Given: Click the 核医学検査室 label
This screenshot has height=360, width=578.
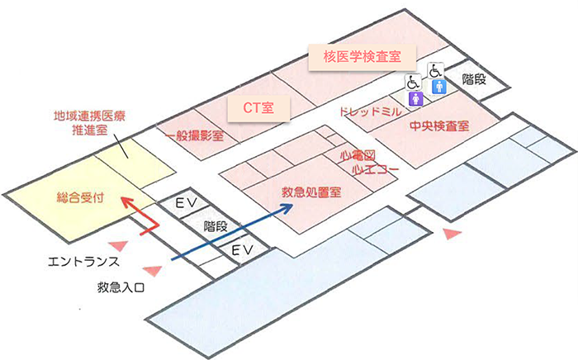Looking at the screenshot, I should click(362, 57).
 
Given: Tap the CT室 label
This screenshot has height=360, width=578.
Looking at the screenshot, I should click(263, 107).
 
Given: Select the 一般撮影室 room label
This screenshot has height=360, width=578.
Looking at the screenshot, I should click(193, 135).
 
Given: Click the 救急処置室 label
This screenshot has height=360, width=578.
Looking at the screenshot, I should click(312, 192).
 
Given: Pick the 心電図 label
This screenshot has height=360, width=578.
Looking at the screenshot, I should click(358, 155).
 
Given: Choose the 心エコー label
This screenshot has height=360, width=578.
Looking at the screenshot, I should click(376, 168).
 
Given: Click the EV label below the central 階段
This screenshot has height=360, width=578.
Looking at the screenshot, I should click(241, 249).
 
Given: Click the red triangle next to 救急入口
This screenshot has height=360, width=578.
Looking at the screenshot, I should click(151, 269).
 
